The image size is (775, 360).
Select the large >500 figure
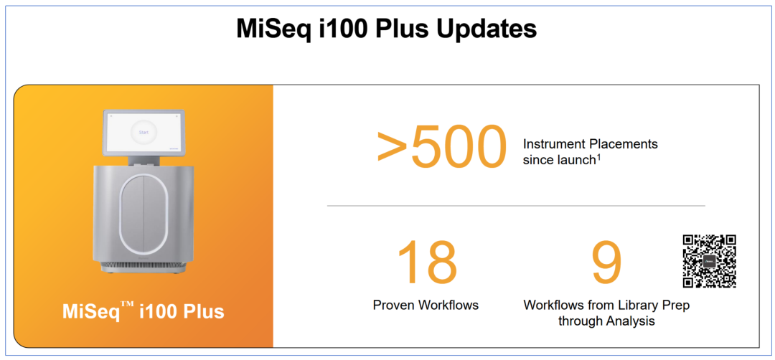point(442,147)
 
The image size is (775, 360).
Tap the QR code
point(710,261)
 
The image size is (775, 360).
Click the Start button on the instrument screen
point(144,133)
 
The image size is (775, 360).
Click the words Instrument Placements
point(591,144)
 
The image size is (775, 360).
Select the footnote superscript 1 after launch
point(598,156)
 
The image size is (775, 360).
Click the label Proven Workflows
point(426,305)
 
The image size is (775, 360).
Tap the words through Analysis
point(606,321)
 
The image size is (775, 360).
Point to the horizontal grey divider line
point(516,205)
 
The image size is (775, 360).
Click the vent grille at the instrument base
point(144,270)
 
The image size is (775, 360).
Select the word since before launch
point(538,161)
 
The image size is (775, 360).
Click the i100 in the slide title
point(346,29)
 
